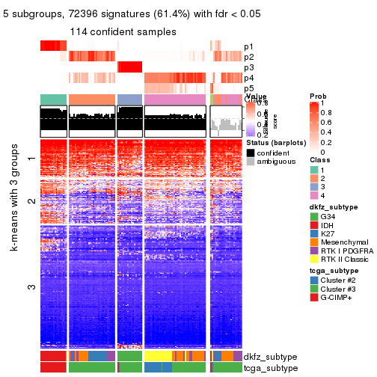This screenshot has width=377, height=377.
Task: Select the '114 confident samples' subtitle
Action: [123, 32]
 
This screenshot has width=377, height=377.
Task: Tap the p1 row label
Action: [248, 46]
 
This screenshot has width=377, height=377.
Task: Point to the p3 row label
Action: [248, 67]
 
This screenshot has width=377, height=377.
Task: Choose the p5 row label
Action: [248, 88]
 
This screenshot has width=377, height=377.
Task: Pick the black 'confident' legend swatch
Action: [251, 153]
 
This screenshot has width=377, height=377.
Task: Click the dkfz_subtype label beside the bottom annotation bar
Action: [270, 358]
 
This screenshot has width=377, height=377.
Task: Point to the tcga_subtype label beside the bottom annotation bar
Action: [270, 367]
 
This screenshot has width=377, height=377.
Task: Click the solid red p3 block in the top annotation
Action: [129, 67]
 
